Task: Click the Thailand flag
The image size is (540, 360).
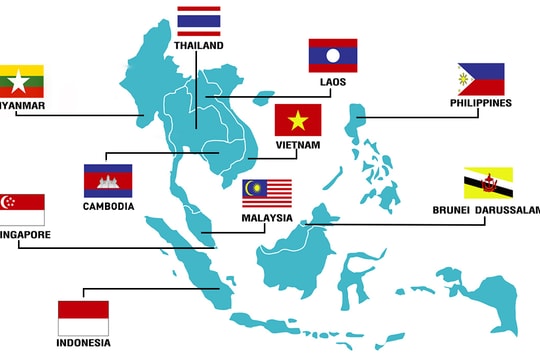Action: [x=199, y=22]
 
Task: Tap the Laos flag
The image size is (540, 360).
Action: [x=332, y=55]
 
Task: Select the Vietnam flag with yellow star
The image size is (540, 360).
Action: [x=298, y=120]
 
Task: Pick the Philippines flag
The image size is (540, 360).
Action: [x=480, y=79]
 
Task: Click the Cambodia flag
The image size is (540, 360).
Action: [x=108, y=180]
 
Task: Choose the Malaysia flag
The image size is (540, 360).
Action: [x=267, y=193]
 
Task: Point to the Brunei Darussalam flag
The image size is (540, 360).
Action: [x=488, y=183]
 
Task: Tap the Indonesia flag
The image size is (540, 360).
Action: [x=83, y=318]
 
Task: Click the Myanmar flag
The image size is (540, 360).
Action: [x=20, y=80]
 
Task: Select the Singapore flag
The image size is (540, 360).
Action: [x=21, y=209]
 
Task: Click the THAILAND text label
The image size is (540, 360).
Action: [x=199, y=46]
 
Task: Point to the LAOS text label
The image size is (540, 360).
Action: [x=333, y=82]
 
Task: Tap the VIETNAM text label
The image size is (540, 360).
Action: [x=298, y=145]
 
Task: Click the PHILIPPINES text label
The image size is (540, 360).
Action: [x=481, y=103]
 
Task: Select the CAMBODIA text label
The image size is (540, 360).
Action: [x=108, y=206]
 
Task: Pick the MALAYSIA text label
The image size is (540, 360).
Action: [x=267, y=217]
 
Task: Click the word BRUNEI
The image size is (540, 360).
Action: [x=453, y=210]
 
